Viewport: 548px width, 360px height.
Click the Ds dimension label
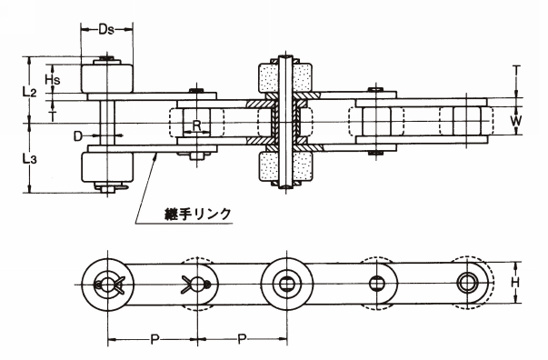[106, 29]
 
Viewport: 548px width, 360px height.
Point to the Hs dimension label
[53, 79]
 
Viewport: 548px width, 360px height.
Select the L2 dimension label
[29, 92]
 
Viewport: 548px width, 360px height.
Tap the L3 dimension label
[29, 159]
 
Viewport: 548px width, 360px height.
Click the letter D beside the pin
[78, 135]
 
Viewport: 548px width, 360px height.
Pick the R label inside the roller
[196, 125]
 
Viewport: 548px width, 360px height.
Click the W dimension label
[515, 121]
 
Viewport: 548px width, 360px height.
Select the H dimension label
[515, 282]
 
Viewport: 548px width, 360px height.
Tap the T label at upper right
[517, 70]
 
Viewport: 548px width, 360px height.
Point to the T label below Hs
[53, 116]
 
